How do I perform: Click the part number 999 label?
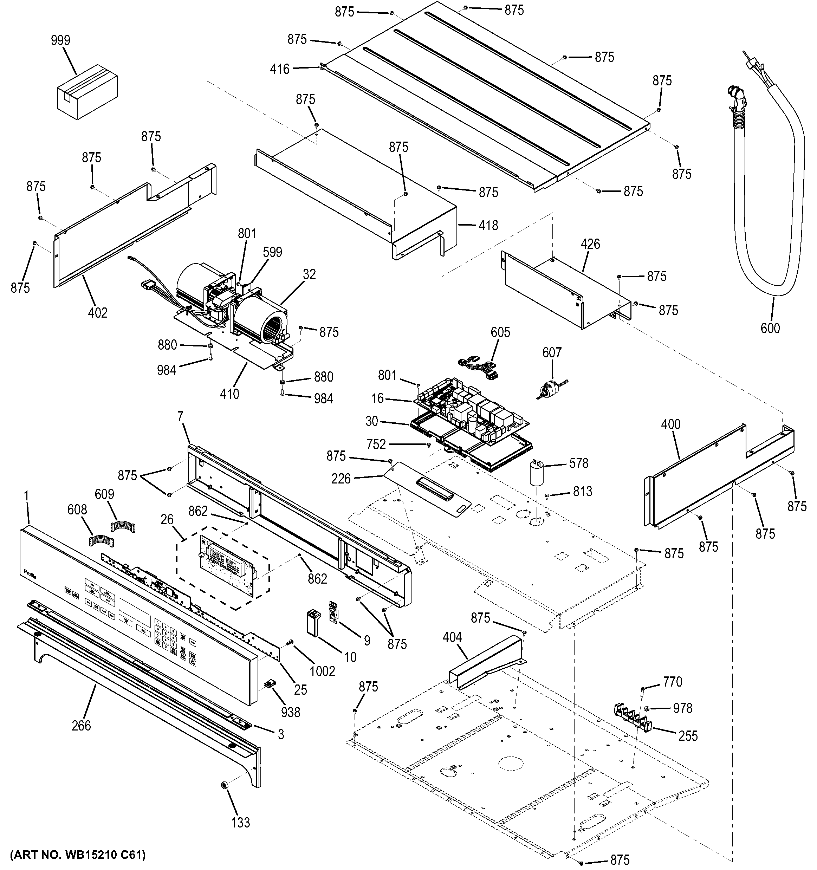coord(60,41)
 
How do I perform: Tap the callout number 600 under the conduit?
coord(770,328)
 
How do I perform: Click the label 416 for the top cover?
coord(280,69)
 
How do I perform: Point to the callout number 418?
coord(488,225)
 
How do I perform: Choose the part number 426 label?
coord(590,244)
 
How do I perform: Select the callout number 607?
coord(552,352)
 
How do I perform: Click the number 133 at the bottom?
coord(240,823)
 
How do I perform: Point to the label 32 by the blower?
coord(309,274)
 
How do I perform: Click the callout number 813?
coord(583,492)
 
